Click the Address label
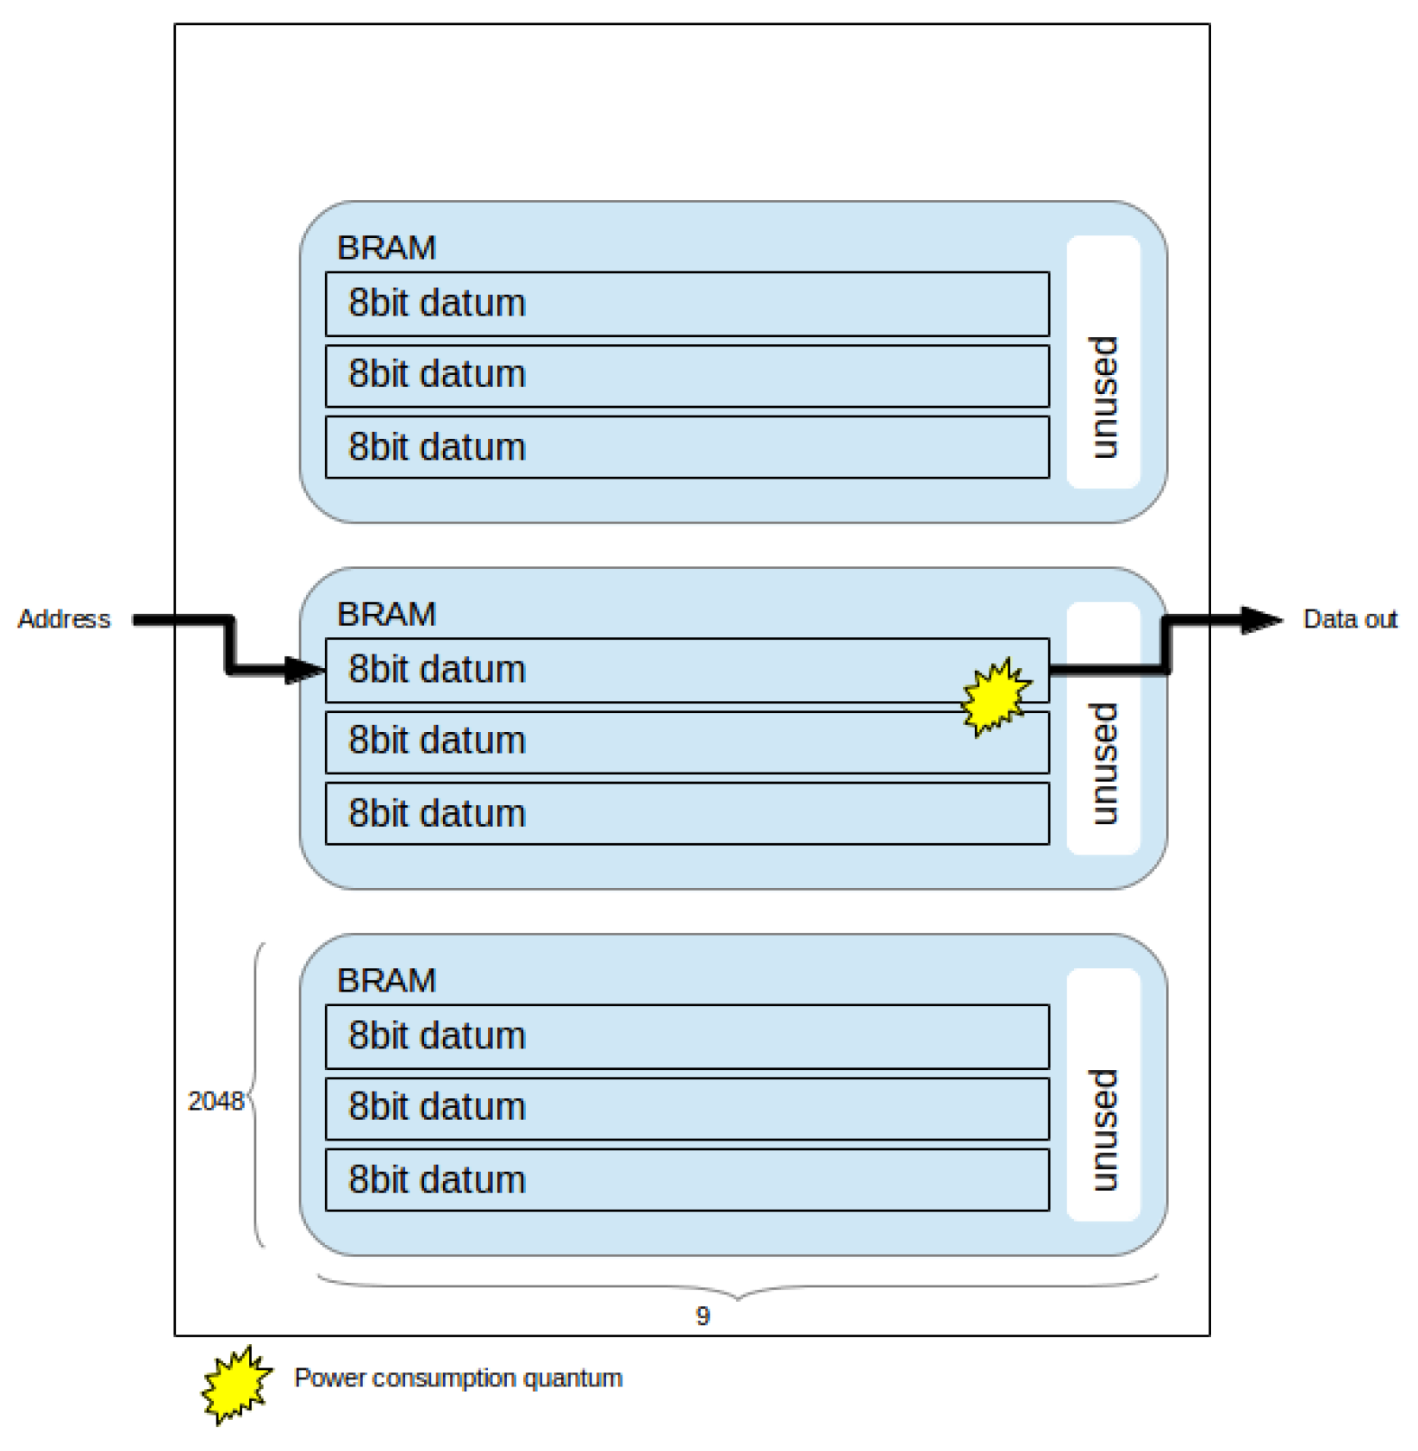pyautogui.click(x=64, y=619)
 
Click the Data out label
pyautogui.click(x=1349, y=619)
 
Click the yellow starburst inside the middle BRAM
pyautogui.click(x=996, y=697)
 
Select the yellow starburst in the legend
pyautogui.click(x=236, y=1385)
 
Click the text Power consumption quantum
pyautogui.click(x=458, y=1378)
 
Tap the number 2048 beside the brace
pyautogui.click(x=216, y=1101)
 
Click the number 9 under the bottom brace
pyautogui.click(x=703, y=1316)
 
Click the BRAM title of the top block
pyautogui.click(x=386, y=248)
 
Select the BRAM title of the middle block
pyautogui.click(x=386, y=615)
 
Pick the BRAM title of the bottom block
pyautogui.click(x=386, y=981)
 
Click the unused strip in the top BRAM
pyautogui.click(x=1103, y=362)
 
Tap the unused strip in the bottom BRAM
pyautogui.click(x=1103, y=1095)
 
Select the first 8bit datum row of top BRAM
pyautogui.click(x=687, y=304)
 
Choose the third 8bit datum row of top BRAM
pyautogui.click(x=687, y=447)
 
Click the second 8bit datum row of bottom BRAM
pyautogui.click(x=687, y=1108)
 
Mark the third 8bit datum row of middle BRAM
pyautogui.click(x=687, y=814)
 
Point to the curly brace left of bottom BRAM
pyautogui.click(x=256, y=1095)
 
